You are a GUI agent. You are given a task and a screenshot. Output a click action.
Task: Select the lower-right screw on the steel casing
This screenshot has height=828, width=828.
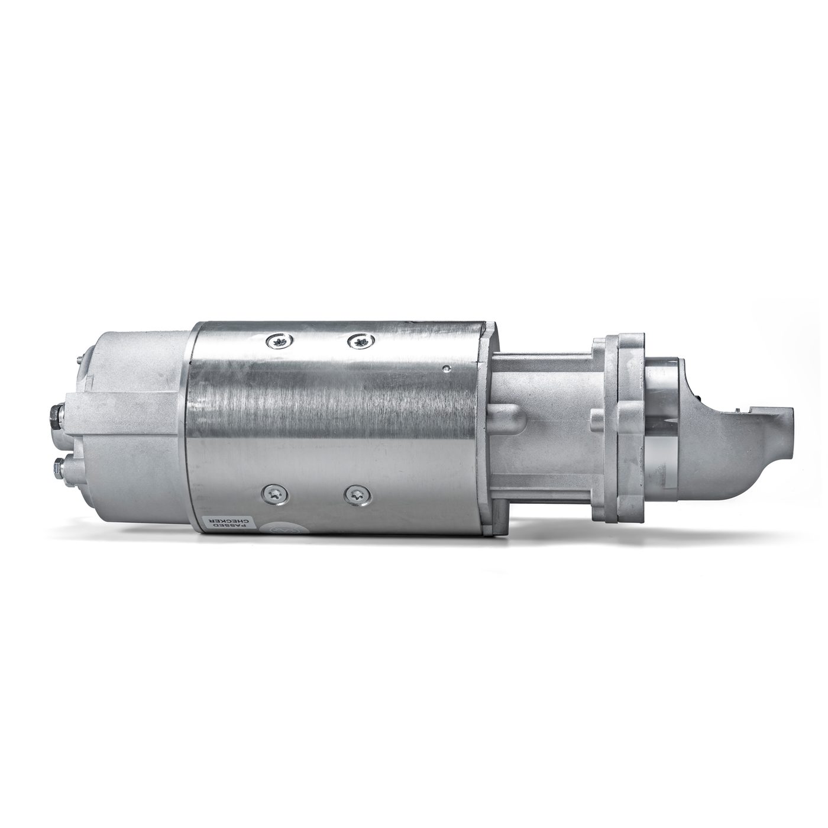coord(355,494)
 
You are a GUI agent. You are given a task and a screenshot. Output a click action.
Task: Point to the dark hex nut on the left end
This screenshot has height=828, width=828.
coord(54,414)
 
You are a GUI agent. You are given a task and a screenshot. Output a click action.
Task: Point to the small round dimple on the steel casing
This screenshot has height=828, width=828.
coord(447,356)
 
